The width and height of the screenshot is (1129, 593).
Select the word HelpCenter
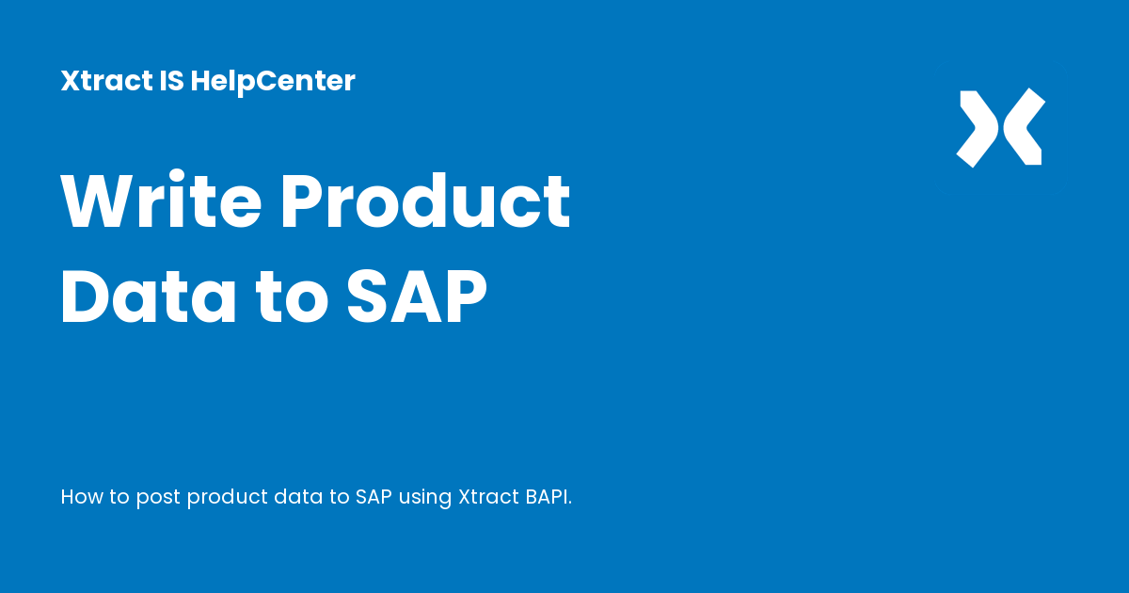coord(273,81)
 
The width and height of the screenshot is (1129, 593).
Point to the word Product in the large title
coord(426,202)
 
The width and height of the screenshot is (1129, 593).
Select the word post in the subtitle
coord(157,497)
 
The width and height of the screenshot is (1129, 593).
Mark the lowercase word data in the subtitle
coord(296,496)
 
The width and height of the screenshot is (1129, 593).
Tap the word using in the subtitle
coord(425,498)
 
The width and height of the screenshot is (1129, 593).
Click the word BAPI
coord(544,496)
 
